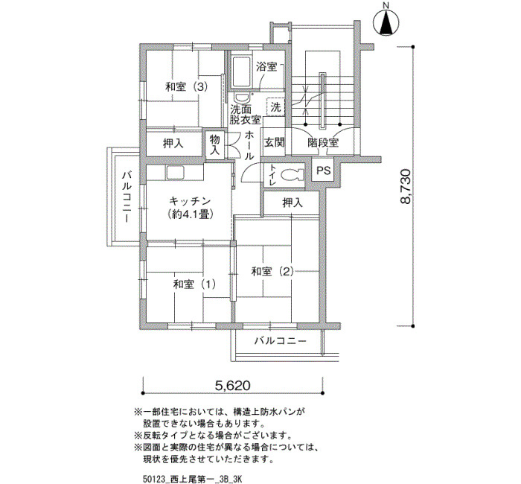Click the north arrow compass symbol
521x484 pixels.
click(386, 22)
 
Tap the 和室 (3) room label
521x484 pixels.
click(187, 87)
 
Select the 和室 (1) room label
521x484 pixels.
click(194, 284)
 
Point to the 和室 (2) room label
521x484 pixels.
click(272, 272)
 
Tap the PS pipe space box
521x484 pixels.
click(323, 171)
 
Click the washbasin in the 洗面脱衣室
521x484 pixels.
click(242, 98)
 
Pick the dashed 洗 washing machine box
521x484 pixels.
click(276, 106)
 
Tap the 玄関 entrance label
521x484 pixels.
click(275, 143)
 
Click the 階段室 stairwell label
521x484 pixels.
click(322, 143)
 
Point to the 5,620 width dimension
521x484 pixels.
click(232, 386)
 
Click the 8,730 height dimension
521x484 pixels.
click(406, 186)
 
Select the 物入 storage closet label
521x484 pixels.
click(214, 144)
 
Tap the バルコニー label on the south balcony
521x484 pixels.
click(280, 341)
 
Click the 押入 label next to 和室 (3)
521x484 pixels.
click(173, 144)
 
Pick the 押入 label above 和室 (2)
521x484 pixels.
click(293, 203)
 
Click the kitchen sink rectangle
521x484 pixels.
click(175, 173)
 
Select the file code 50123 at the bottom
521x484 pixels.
click(152, 480)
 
